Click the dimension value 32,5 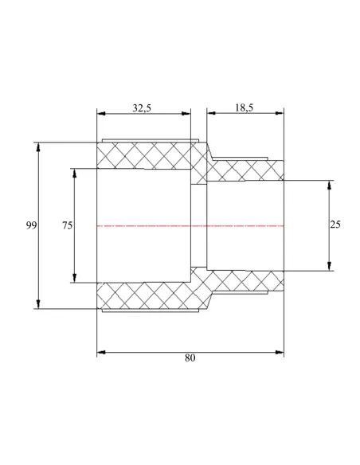(x=142, y=108)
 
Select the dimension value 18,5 (x=244, y=107)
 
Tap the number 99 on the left (x=31, y=225)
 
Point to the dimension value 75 (x=67, y=225)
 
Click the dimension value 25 (x=335, y=225)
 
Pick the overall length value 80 (x=190, y=358)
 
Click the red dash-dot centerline (x=190, y=226)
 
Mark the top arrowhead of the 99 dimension (x=38, y=147)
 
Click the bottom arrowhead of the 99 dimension (x=38, y=304)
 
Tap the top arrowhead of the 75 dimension (x=74, y=174)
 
